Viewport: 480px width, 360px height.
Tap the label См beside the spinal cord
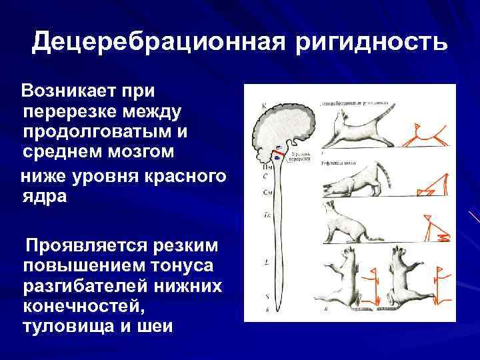pos(266,192)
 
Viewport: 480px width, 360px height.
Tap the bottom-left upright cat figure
pos(347,280)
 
